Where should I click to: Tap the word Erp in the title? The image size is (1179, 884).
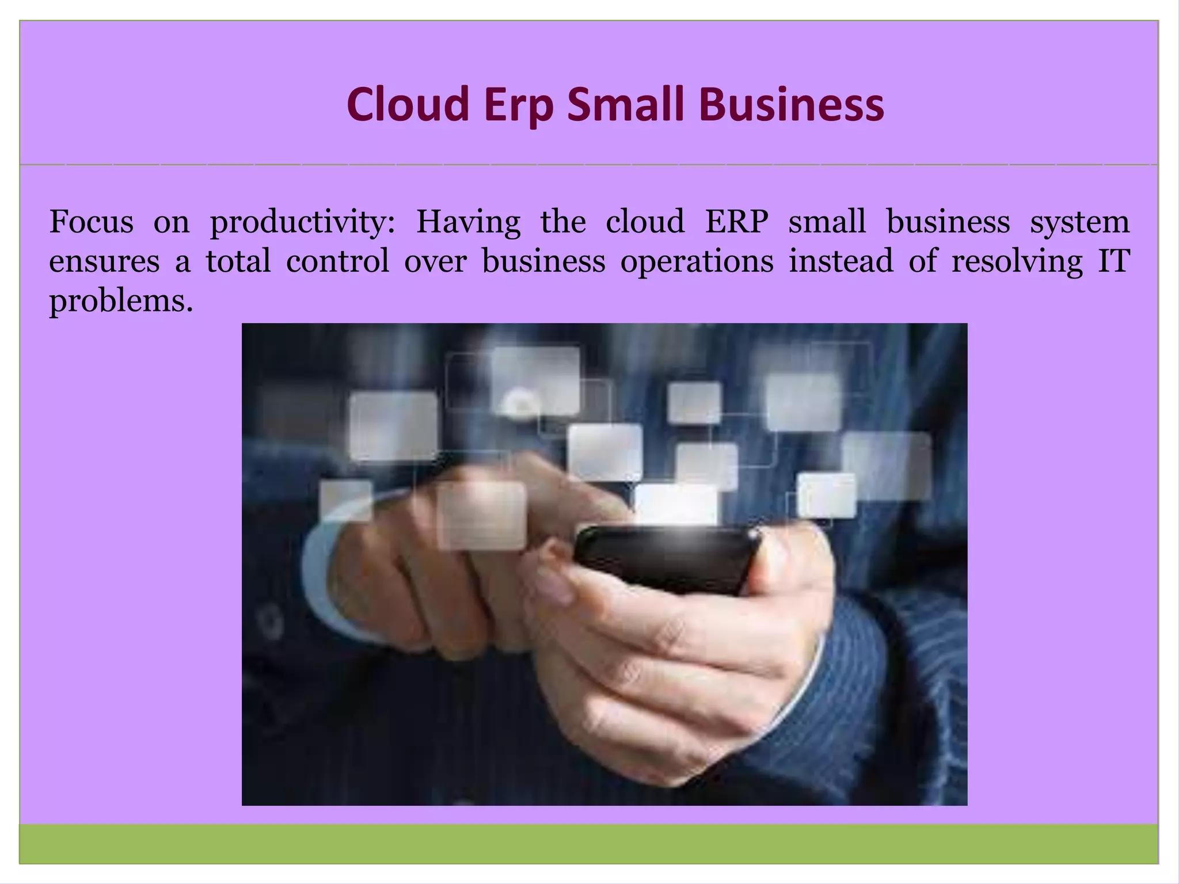[519, 105]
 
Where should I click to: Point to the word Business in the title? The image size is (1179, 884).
[792, 105]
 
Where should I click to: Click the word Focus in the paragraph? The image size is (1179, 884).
[91, 222]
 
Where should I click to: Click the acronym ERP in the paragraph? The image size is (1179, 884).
[736, 222]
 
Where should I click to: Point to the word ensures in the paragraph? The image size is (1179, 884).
[104, 262]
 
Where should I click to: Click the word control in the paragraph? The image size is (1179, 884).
[338, 261]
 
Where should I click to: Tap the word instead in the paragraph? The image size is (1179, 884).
[841, 261]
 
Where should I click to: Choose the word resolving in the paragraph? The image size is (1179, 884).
[1017, 262]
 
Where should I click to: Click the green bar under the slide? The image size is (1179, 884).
[588, 844]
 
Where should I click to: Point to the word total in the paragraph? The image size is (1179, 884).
[238, 261]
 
